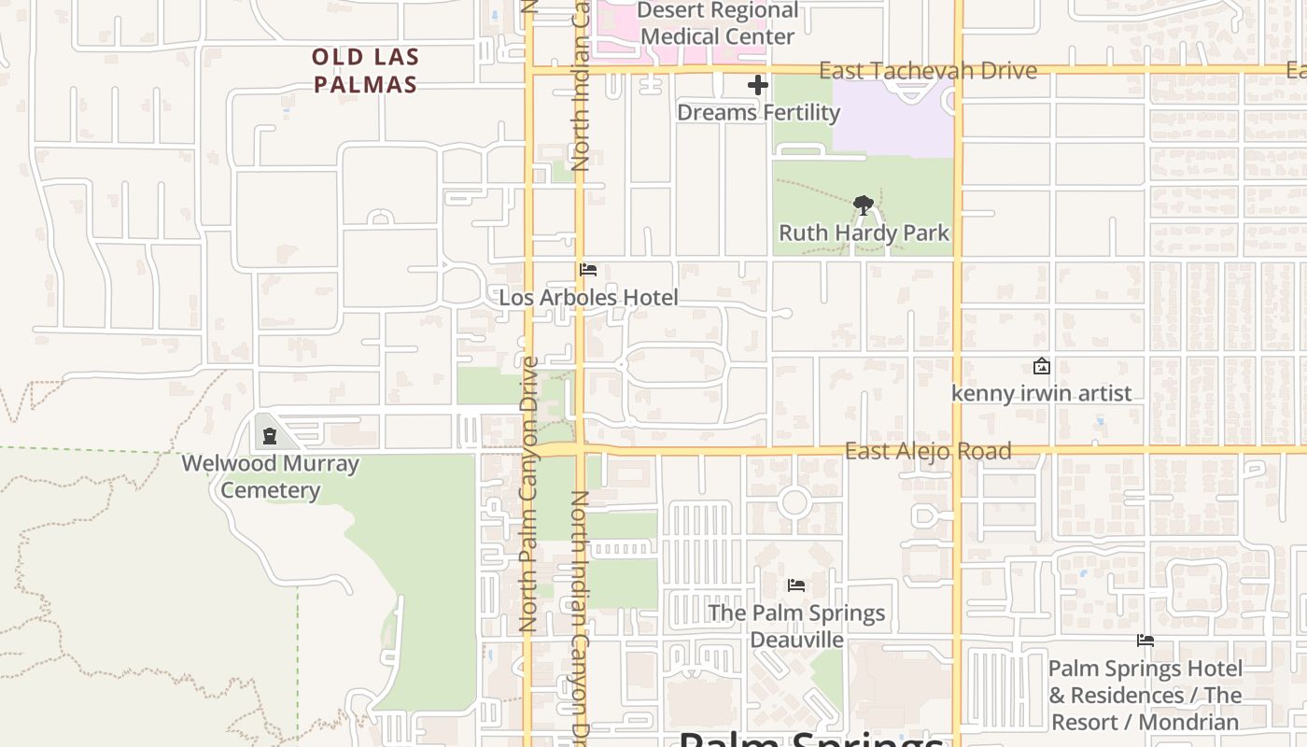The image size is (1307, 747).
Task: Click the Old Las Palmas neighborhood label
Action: [365, 71]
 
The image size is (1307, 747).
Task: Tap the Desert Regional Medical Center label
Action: [717, 24]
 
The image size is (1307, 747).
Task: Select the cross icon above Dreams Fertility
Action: [758, 86]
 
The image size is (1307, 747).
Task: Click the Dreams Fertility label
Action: [758, 113]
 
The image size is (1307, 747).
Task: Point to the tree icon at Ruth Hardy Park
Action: [864, 205]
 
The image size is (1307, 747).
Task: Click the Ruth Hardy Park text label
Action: [864, 233]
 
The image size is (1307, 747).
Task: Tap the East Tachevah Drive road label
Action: [927, 71]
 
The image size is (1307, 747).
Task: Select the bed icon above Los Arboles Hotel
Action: [588, 270]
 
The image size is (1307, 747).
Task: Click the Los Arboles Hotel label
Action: [588, 298]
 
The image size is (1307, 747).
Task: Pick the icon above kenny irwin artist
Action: [1041, 367]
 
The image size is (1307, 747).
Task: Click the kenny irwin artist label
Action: [1041, 393]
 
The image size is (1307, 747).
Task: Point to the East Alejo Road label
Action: [927, 451]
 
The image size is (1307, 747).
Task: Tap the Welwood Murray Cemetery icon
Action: [270, 435]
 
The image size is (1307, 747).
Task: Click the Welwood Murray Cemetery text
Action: [270, 476]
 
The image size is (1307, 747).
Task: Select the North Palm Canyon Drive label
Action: [528, 495]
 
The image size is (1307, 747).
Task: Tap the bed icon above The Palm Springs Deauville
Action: [796, 585]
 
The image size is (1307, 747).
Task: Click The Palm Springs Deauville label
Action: [796, 627]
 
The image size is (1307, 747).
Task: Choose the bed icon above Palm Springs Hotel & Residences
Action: [1145, 641]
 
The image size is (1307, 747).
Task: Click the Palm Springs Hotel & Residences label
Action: [1145, 696]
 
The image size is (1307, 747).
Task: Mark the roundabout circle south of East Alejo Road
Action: [794, 502]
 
